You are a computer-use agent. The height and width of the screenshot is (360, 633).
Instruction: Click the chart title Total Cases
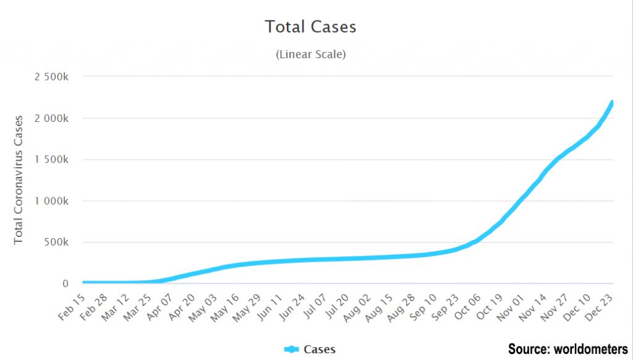coord(310,27)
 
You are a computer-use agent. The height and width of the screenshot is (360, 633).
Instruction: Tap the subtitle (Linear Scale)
coord(310,54)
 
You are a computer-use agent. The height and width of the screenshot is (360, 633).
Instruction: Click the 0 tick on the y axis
coord(73,284)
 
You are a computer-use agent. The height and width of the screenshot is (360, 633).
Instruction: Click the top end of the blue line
coord(612,102)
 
